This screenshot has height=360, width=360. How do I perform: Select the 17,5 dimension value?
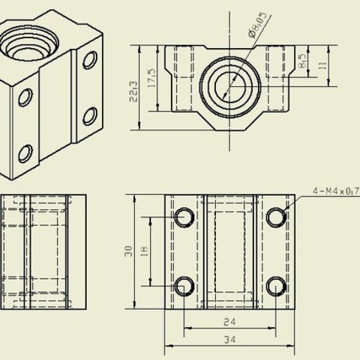151,77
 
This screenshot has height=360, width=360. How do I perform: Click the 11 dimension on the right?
322,65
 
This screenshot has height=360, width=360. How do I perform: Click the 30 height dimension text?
129,251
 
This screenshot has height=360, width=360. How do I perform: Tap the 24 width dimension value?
230,323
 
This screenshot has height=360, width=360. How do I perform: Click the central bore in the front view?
230,84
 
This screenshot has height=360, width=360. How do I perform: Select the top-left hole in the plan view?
184,217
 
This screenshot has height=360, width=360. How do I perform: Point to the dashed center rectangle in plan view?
230,251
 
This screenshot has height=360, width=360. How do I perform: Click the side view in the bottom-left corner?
41,251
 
